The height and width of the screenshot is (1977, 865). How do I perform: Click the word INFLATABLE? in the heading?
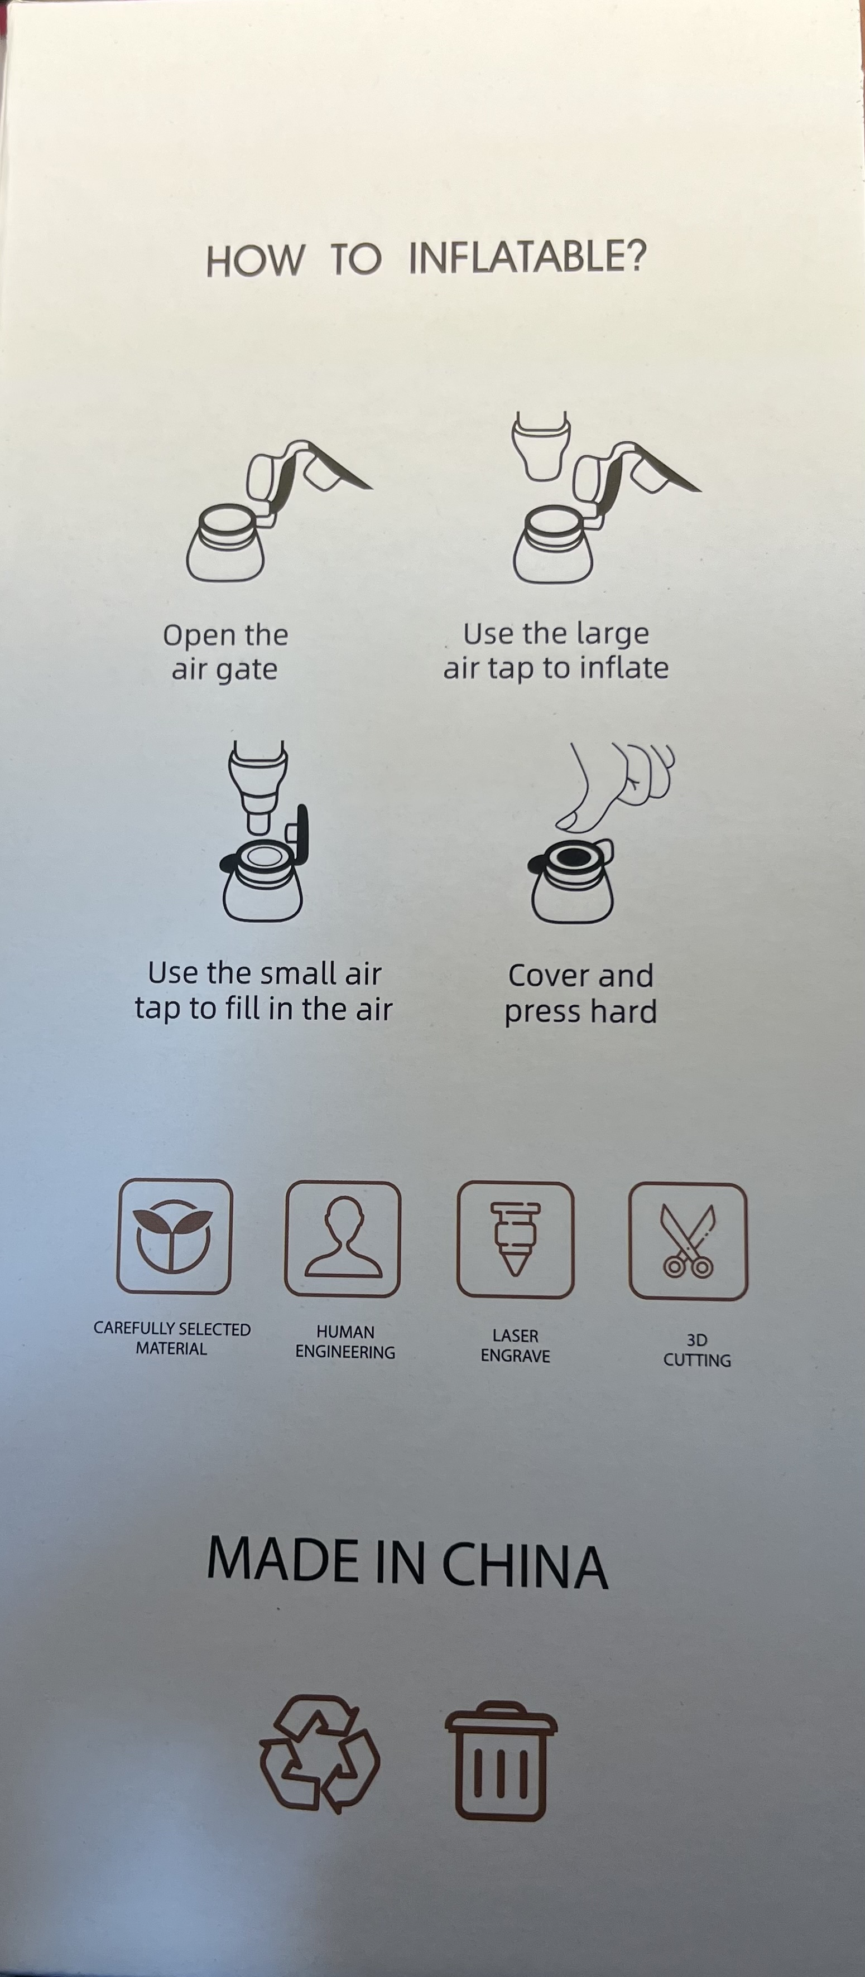tap(528, 257)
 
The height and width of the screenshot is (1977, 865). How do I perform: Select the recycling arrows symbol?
tap(319, 1754)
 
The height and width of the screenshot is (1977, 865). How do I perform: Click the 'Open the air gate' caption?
tap(225, 652)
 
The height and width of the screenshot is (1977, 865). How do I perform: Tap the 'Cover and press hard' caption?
tap(580, 993)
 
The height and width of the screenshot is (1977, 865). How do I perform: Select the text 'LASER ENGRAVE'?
tap(515, 1346)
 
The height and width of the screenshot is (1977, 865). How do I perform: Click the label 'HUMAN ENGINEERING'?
tap(345, 1342)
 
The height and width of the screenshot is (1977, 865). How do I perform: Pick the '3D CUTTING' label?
tap(697, 1350)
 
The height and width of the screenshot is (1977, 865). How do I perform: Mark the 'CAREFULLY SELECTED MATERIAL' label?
tap(172, 1338)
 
